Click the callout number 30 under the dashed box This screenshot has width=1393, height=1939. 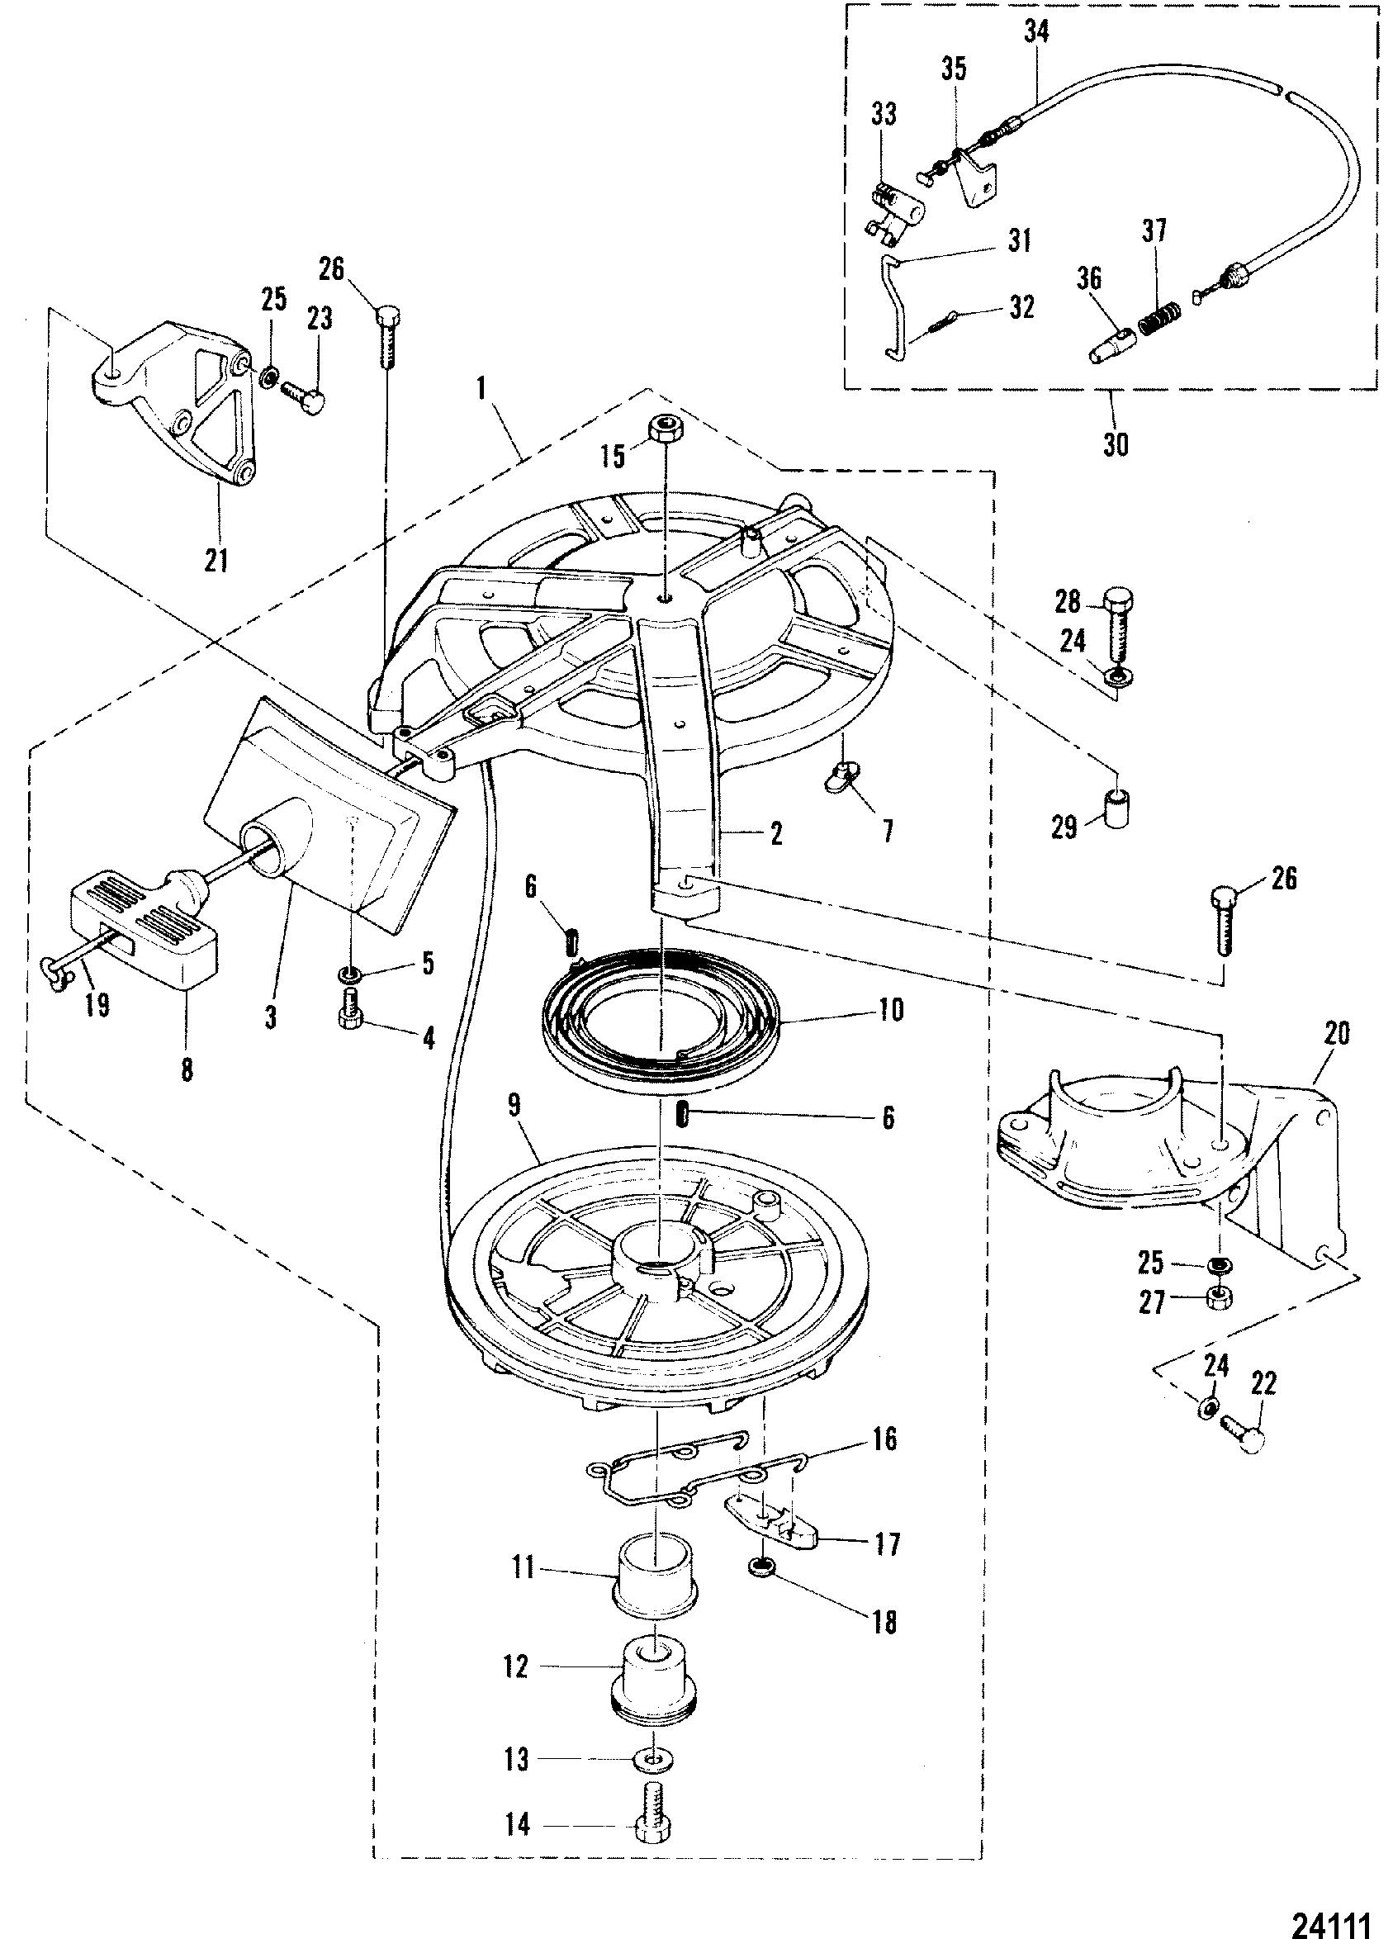1115,443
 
